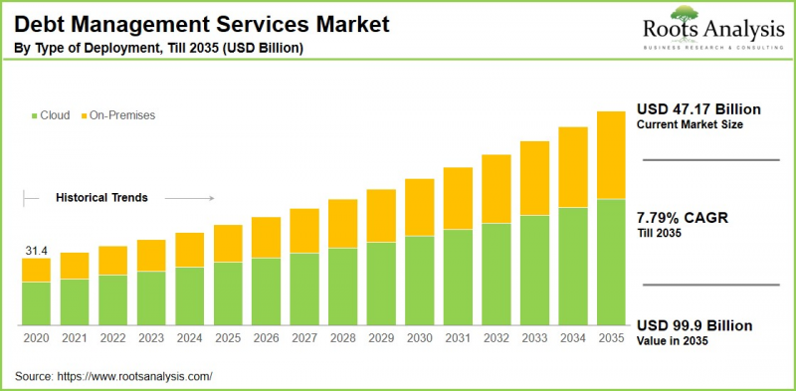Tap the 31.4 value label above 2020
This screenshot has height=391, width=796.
tap(36, 249)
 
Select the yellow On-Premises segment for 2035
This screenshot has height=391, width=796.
tap(610, 155)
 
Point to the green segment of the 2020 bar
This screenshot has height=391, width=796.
tap(36, 303)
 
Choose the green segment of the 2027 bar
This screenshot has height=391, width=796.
tap(303, 289)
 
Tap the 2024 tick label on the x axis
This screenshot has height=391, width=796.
tap(189, 338)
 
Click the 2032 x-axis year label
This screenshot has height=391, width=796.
tap(496, 338)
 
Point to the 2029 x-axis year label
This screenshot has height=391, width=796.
tap(380, 338)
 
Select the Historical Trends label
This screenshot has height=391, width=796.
tap(100, 198)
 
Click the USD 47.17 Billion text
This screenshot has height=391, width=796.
tap(698, 108)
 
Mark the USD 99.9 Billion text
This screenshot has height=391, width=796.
tap(695, 325)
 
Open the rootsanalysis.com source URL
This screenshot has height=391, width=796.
tap(138, 377)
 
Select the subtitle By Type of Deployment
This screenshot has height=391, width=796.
tap(159, 47)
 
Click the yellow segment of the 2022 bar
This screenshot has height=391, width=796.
tap(112, 260)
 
